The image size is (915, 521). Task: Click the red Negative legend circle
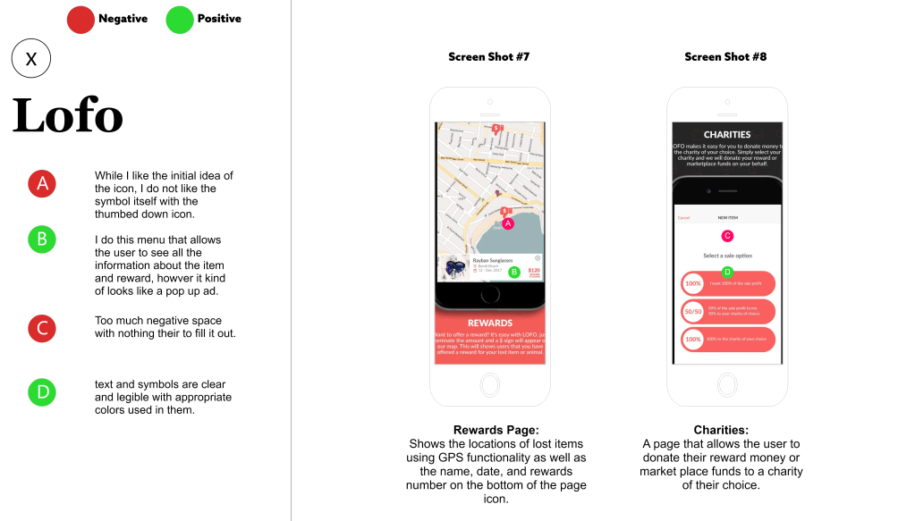point(80,19)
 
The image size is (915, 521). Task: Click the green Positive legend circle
point(180,19)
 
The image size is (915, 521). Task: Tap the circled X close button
point(31,59)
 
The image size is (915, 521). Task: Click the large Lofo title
point(68,115)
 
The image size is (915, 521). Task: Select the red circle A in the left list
point(42,184)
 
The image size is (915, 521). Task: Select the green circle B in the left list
point(42,239)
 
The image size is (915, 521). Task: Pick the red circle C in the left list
point(42,328)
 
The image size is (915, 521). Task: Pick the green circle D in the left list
point(42,391)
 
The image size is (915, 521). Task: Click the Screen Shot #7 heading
point(489,57)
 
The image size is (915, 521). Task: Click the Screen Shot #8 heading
point(725,57)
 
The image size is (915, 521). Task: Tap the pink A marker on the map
point(508,223)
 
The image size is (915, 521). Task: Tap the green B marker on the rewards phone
point(514,272)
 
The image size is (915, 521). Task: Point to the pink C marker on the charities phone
point(727,236)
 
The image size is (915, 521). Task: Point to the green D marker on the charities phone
point(727,272)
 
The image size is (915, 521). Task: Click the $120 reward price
point(534,270)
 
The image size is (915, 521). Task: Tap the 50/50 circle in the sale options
point(693,311)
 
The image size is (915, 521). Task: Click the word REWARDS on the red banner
point(490,323)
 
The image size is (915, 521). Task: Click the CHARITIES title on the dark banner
point(727,135)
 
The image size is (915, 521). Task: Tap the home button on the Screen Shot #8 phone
point(727,384)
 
